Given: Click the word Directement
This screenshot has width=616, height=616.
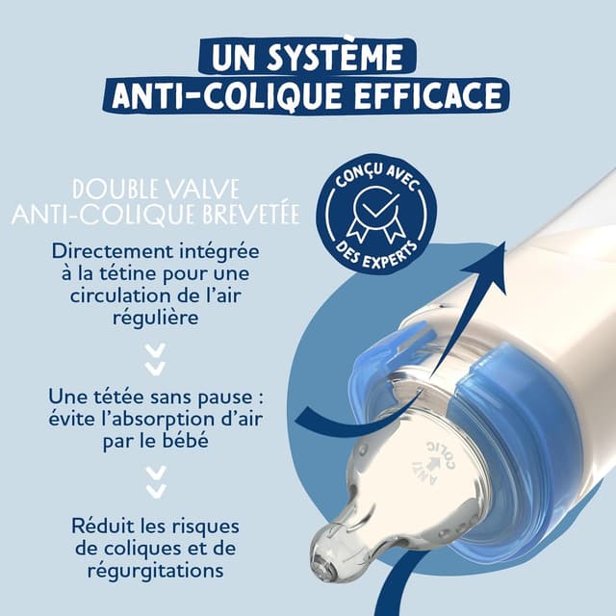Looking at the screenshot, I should [x=115, y=252].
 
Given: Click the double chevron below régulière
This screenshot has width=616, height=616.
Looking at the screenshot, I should [x=154, y=360].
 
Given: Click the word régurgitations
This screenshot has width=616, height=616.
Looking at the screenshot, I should [x=154, y=571].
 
